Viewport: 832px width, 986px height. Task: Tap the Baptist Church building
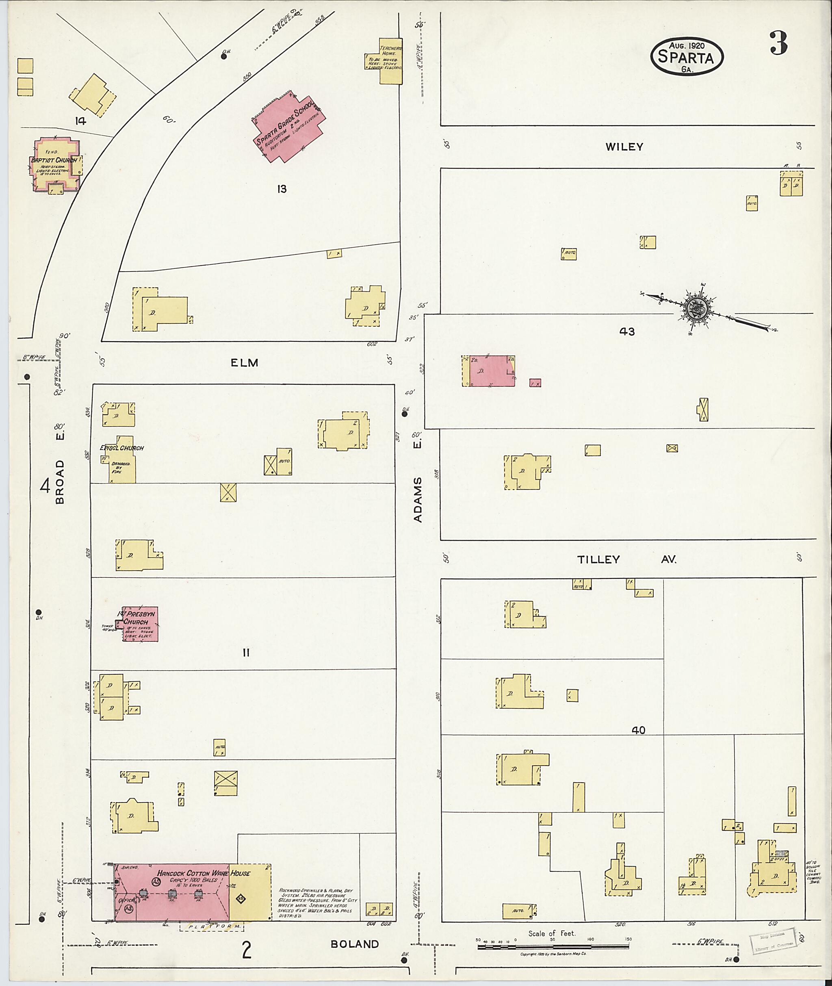pos(55,165)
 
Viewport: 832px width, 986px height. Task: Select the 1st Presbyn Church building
pos(141,624)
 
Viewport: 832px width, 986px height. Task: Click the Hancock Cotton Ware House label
pos(204,873)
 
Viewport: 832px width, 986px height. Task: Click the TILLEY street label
pos(598,559)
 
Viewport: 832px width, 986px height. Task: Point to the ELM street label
pos(244,362)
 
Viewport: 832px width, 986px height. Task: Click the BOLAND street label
pos(355,944)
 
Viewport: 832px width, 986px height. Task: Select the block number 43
pos(627,332)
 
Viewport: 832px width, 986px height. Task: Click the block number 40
pos(638,730)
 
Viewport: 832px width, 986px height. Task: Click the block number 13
pos(282,190)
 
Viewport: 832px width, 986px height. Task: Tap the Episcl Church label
pos(122,448)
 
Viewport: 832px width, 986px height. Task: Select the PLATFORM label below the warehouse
pos(211,927)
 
